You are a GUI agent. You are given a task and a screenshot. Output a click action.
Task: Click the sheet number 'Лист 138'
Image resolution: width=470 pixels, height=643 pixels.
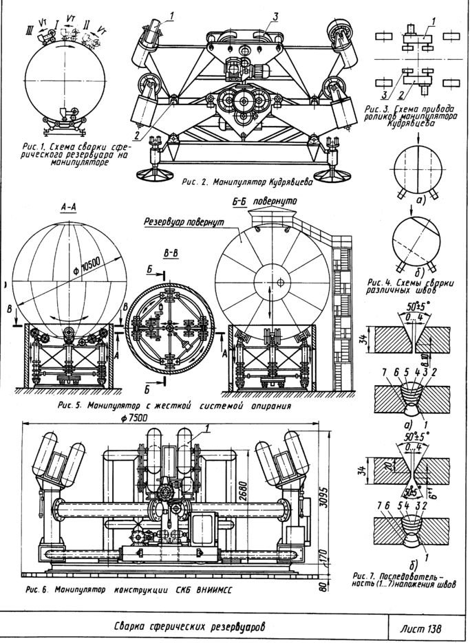point(419,628)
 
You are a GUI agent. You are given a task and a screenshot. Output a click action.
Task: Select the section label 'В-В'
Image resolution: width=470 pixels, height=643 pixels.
point(172,254)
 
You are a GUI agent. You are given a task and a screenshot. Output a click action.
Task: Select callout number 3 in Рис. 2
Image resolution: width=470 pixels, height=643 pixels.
point(273,16)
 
